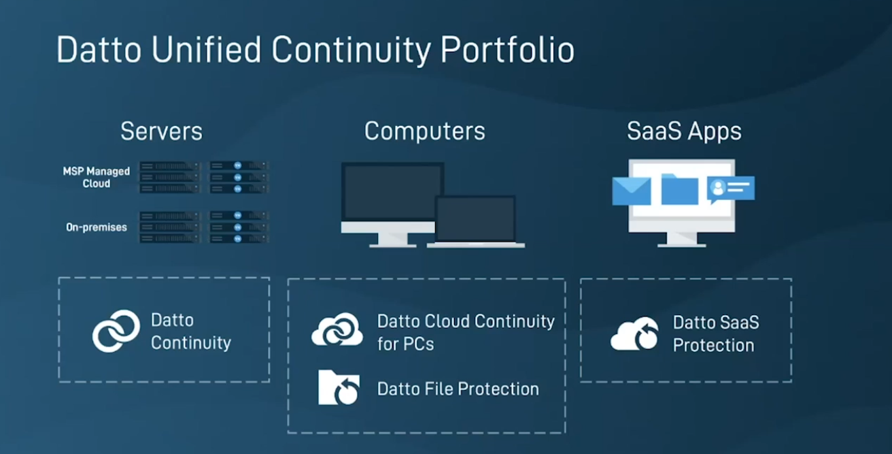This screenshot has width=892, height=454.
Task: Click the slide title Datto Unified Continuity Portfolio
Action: click(315, 50)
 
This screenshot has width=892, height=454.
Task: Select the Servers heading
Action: click(161, 131)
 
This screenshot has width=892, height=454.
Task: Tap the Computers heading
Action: click(424, 131)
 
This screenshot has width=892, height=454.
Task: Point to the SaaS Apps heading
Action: click(684, 131)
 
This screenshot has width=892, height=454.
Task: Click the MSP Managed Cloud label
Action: click(97, 178)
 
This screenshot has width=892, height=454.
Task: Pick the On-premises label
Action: click(97, 227)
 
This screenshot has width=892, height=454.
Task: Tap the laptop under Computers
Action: click(475, 221)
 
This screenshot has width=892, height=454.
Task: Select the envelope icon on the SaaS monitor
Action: click(631, 190)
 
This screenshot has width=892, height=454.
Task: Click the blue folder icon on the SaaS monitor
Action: click(679, 189)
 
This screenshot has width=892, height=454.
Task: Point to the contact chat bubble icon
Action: click(730, 189)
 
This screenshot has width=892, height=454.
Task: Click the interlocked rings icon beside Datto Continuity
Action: click(116, 331)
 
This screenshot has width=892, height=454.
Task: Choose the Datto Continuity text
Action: click(190, 331)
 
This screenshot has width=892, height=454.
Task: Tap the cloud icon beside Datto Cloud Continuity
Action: click(337, 330)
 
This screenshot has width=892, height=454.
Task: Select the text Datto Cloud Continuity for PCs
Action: click(465, 331)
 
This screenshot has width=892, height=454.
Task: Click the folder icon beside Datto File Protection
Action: click(339, 388)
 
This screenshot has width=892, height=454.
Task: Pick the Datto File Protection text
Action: click(458, 389)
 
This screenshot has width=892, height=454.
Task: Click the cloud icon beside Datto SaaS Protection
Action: click(634, 334)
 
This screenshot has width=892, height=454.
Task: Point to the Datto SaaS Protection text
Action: click(715, 334)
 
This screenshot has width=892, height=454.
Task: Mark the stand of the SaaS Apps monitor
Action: click(682, 239)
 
